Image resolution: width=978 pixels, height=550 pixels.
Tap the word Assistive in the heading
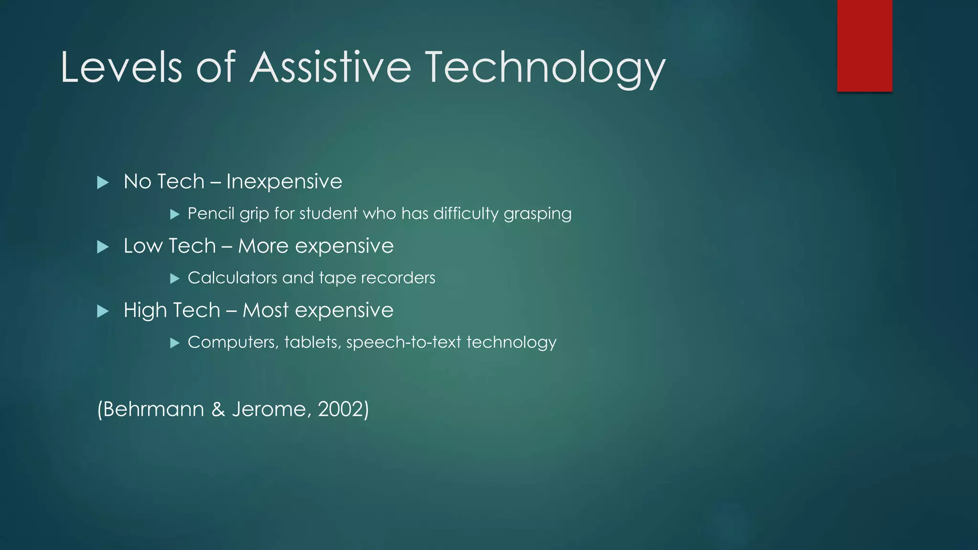pos(330,68)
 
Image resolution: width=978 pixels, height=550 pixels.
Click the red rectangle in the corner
pos(864,45)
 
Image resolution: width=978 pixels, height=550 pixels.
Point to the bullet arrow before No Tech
pos(103,182)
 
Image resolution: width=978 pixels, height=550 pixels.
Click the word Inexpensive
pos(284,182)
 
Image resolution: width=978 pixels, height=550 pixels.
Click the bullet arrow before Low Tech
pos(103,247)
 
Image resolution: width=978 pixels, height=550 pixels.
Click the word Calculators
pos(232,278)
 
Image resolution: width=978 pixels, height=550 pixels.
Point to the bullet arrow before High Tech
pos(103,311)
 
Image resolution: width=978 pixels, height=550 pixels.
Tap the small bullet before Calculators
pos(175,278)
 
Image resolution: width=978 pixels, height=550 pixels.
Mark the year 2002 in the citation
pos(342,410)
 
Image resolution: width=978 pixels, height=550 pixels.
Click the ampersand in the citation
pos(218,410)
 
